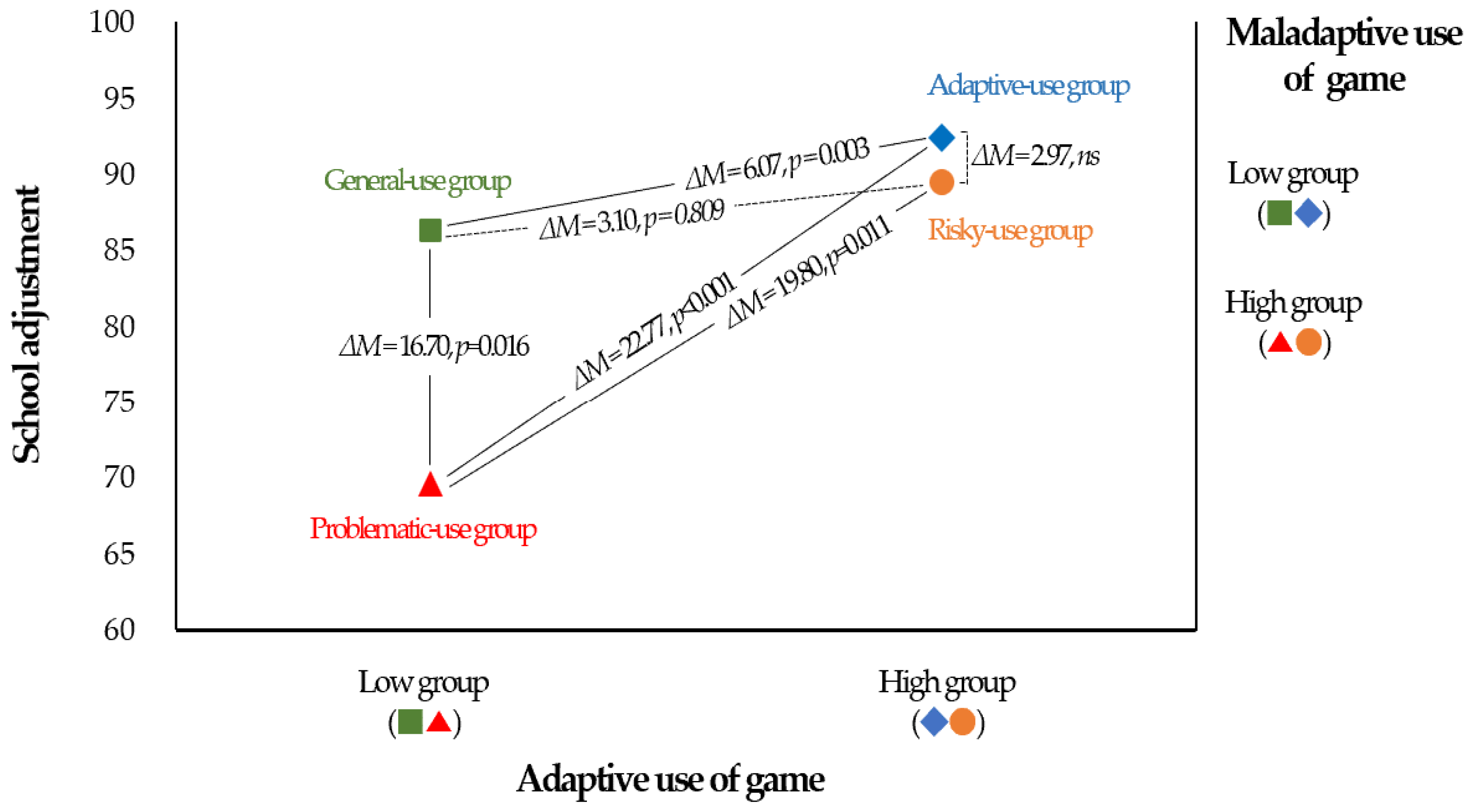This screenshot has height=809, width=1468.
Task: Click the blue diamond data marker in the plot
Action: coord(941,137)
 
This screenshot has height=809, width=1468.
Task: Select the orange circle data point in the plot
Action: coord(941,183)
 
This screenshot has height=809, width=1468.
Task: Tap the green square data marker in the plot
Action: coord(430,230)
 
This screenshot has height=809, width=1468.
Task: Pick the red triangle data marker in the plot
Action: coord(430,485)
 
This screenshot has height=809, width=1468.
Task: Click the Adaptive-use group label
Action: coord(1029,86)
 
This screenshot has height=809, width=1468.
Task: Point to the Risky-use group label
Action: coord(1010,231)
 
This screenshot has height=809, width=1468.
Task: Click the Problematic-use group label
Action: coord(423,529)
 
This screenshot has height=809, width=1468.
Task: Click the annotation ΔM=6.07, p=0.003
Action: coord(778,163)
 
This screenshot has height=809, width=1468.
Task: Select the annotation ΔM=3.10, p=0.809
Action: coord(631,219)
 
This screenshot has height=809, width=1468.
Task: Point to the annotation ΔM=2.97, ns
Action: coord(1035,155)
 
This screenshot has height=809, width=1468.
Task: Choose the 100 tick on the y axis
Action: coord(112,22)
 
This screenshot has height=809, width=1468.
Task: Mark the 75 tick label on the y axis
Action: coord(119,402)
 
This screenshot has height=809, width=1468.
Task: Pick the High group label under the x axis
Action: coord(946,683)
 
